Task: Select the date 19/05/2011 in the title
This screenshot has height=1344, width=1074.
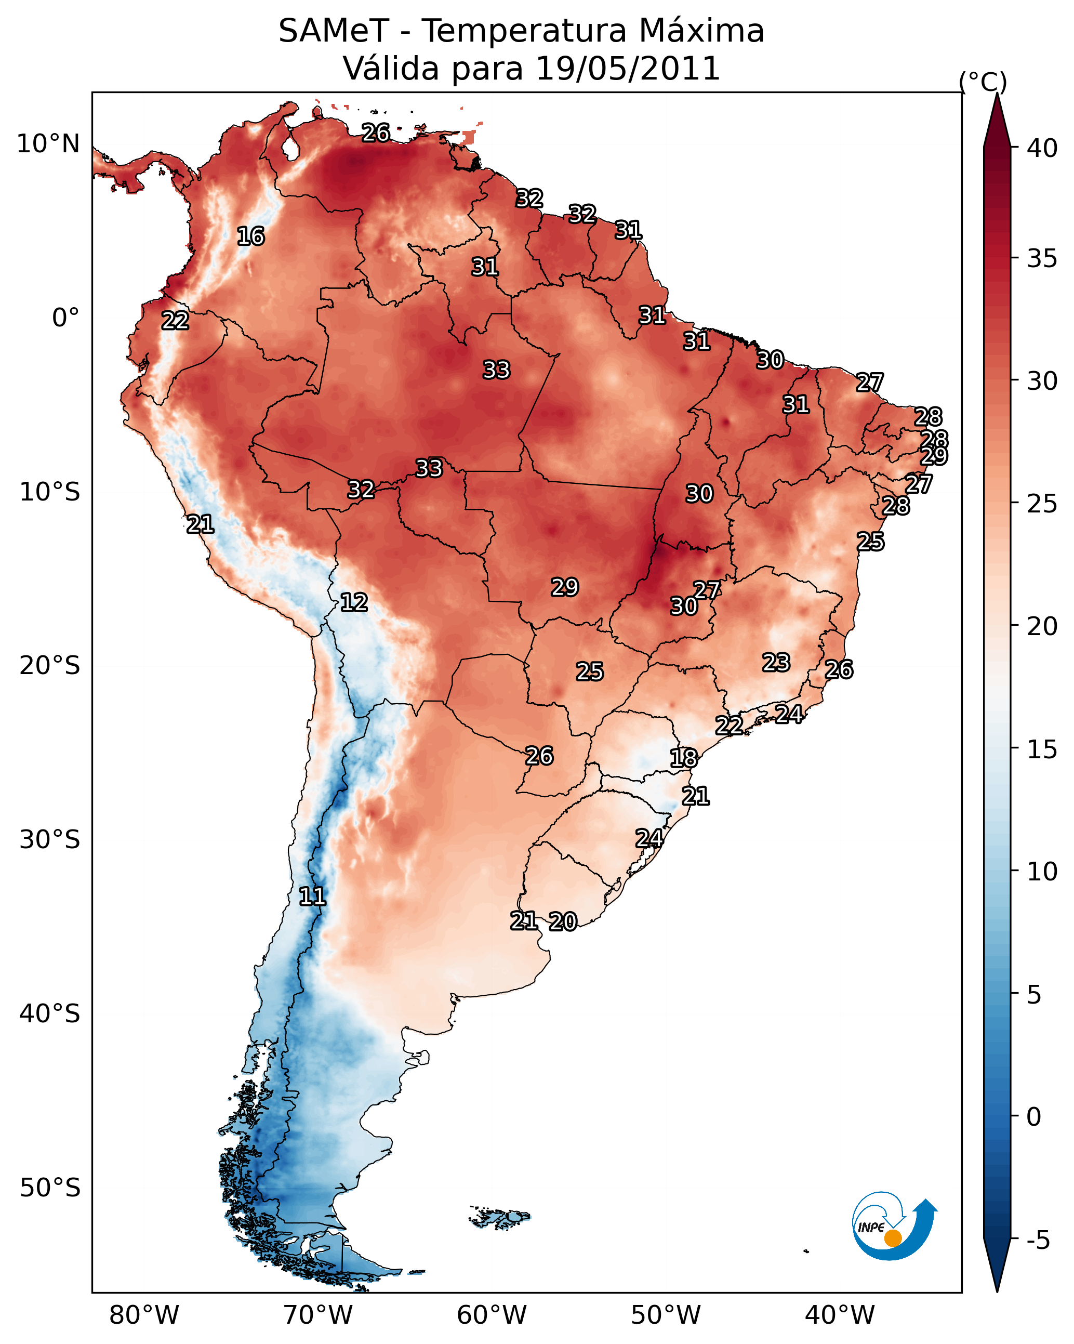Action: click(627, 69)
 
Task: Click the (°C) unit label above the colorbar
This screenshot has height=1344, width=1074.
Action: click(983, 82)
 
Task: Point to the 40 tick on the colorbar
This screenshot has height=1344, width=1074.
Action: click(1042, 148)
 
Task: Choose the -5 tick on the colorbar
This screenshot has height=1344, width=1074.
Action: click(1037, 1241)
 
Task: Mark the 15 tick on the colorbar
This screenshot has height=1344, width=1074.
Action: click(1042, 749)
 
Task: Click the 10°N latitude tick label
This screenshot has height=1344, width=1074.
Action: click(48, 144)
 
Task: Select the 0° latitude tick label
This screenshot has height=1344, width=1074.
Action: click(65, 318)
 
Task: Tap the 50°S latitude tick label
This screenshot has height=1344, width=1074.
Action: click(50, 1188)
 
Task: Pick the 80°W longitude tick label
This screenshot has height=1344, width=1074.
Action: click(144, 1315)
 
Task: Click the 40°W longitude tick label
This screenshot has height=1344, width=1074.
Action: click(840, 1315)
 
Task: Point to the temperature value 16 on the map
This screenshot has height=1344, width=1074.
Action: click(250, 236)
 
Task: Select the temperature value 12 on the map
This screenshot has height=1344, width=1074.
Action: click(353, 602)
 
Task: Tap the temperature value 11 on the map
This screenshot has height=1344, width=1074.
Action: click(312, 897)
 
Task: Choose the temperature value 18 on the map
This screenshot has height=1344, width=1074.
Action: click(683, 758)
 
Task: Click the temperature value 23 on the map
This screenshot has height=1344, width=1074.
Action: click(776, 662)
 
